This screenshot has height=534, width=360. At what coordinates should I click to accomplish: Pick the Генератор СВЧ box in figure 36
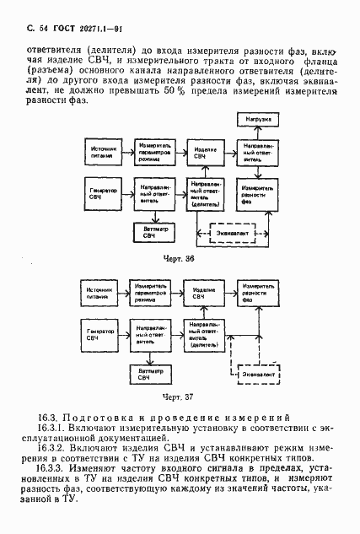coord(102,194)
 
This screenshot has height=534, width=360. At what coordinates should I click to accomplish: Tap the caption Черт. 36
coord(179,259)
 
